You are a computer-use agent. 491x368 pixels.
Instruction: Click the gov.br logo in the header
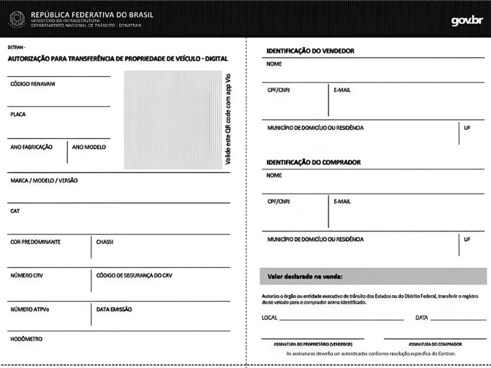point(466,20)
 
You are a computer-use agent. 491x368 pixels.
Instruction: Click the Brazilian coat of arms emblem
point(17,19)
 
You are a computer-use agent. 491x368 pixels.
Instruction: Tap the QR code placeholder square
point(172,120)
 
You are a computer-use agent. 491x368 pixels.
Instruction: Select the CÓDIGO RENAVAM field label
point(33,85)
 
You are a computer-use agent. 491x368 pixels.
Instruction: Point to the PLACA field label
point(18,115)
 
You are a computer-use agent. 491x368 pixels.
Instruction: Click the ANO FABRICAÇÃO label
point(31,147)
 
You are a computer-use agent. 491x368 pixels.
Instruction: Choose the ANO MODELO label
point(89,147)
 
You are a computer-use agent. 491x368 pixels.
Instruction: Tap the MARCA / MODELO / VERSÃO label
point(44,181)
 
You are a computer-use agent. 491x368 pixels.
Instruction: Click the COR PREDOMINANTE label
point(36,242)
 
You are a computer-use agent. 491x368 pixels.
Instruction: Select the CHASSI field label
point(105,242)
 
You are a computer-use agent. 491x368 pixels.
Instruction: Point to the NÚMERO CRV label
point(27,275)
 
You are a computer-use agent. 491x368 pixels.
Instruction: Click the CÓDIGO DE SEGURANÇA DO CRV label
point(134,275)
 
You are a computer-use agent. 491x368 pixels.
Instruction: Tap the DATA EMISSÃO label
point(114,309)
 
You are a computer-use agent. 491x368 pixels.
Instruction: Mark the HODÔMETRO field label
point(27,339)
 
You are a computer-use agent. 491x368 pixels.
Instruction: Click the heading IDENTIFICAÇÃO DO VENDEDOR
point(311,51)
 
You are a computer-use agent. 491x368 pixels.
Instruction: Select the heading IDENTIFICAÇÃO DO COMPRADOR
point(314,163)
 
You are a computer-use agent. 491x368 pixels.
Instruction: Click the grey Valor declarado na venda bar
point(373,277)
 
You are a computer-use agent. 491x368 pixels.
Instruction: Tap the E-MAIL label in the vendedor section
point(342,90)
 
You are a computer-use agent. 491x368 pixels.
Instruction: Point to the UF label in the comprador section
point(467,239)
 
